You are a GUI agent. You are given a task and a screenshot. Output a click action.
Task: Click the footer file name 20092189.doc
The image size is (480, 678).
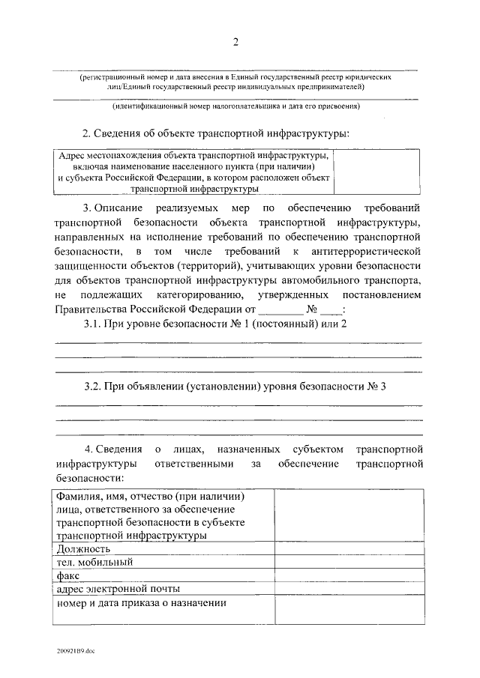(74, 652)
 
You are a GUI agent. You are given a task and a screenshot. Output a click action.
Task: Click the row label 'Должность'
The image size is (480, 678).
(79, 548)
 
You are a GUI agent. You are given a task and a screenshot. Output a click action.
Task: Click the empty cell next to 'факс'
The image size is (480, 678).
(349, 575)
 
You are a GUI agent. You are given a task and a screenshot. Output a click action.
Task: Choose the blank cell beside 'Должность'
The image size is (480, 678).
(349, 548)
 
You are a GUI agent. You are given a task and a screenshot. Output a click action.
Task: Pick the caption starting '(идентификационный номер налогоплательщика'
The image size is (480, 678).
(237, 106)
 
